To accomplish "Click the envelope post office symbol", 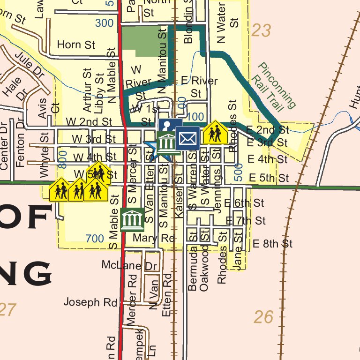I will [x=187, y=138].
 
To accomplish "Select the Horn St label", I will [x=76, y=45].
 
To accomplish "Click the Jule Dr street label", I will [x=29, y=65].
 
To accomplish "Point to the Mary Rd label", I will [x=153, y=238].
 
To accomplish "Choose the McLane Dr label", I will [x=129, y=265].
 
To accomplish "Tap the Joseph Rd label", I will [x=90, y=302].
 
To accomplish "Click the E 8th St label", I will [x=272, y=244].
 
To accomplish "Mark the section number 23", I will [x=261, y=31].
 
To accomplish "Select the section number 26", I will [x=263, y=317].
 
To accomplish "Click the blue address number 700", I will [x=95, y=239].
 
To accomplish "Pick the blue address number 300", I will [x=104, y=22].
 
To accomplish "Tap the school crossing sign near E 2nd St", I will [x=215, y=133].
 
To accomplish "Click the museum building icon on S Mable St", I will [x=132, y=219].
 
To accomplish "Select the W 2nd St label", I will [x=88, y=121].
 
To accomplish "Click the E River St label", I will [x=199, y=86].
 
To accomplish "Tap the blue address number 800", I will [x=63, y=159].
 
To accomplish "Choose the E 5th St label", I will [x=269, y=178].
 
